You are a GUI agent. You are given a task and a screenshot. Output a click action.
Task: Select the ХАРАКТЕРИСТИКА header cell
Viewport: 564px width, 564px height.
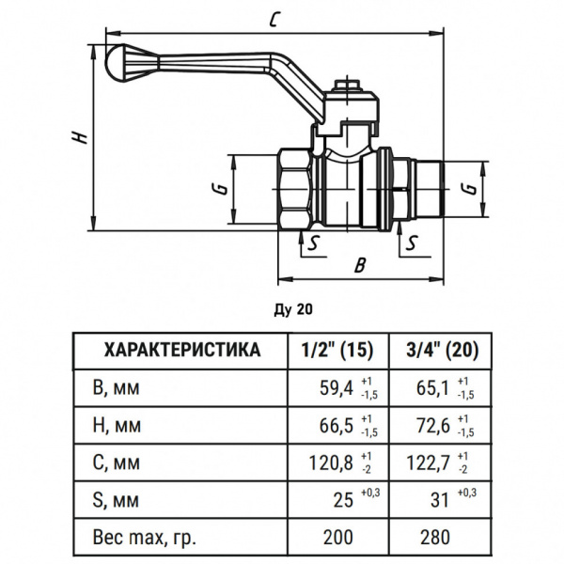181,351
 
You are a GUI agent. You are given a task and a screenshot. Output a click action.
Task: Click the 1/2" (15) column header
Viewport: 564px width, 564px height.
337,351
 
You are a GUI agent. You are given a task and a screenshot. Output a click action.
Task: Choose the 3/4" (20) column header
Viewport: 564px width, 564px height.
442,351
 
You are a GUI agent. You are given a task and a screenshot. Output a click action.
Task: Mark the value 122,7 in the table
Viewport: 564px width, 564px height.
430,462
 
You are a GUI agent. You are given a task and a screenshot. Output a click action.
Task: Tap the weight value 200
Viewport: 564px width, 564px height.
337,538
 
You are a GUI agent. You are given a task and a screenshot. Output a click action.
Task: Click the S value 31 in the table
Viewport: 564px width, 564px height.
438,500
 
